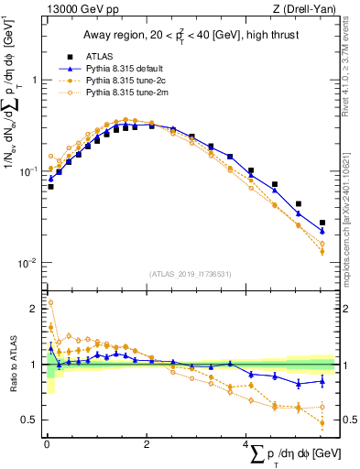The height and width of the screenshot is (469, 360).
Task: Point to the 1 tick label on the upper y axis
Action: point(34,81)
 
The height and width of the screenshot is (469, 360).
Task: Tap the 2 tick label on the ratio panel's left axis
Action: point(34,309)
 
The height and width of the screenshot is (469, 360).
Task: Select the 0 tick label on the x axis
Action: point(46,443)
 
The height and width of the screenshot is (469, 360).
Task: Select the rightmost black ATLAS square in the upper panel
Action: point(322,223)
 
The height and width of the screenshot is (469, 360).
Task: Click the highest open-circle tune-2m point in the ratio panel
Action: point(50,302)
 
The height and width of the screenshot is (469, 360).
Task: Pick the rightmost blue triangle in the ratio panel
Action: point(322,380)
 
